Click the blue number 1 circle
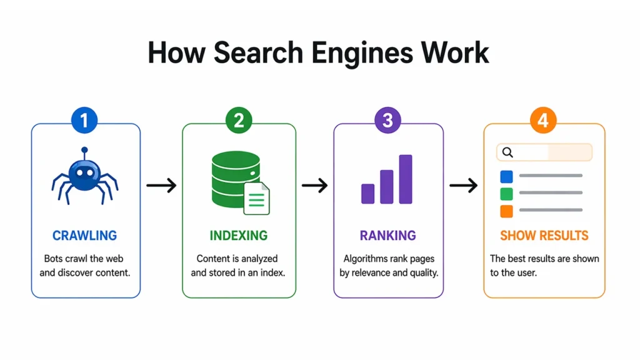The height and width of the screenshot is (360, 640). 86,121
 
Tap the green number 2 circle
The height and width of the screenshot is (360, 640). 238,121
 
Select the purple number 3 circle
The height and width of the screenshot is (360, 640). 388,121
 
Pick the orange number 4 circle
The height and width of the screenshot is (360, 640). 542,121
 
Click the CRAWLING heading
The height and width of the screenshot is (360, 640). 85,236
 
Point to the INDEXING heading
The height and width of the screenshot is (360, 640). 238,236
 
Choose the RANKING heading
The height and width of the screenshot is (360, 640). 387,236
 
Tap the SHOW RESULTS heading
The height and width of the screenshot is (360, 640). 544,236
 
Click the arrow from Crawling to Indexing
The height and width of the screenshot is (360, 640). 161,185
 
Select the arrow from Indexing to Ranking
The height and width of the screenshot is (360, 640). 314,185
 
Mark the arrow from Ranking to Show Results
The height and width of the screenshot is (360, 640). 463,185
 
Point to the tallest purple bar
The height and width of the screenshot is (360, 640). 406,179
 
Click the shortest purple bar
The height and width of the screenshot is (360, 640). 368,193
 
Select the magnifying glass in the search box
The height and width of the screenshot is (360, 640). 507,152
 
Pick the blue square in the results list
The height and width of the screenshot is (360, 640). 507,177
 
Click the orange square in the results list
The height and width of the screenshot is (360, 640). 507,211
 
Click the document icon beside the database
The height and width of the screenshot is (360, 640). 256,198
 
